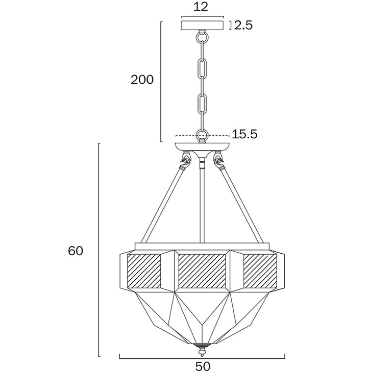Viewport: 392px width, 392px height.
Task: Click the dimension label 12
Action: click(x=201, y=7)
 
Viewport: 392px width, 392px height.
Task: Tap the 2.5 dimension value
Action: click(x=243, y=25)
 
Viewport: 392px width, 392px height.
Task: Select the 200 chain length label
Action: click(x=142, y=80)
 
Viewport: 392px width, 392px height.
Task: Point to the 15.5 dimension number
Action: click(x=244, y=134)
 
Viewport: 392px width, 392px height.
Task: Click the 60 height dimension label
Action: click(x=76, y=251)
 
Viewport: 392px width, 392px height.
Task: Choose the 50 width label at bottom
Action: click(x=203, y=367)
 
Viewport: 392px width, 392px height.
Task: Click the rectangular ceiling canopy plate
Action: click(x=202, y=26)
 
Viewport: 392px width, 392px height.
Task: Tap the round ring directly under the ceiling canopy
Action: click(x=202, y=37)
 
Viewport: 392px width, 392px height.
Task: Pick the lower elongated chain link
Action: click(x=202, y=104)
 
